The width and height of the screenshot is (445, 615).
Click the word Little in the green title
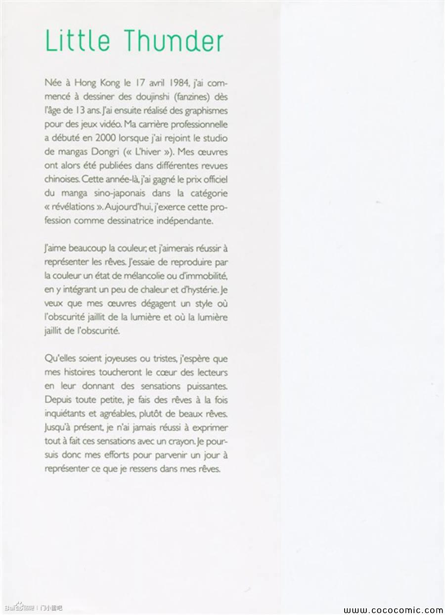[x=75, y=41]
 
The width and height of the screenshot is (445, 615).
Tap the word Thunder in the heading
[x=174, y=41]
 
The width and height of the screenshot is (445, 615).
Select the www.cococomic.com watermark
[x=394, y=610]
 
